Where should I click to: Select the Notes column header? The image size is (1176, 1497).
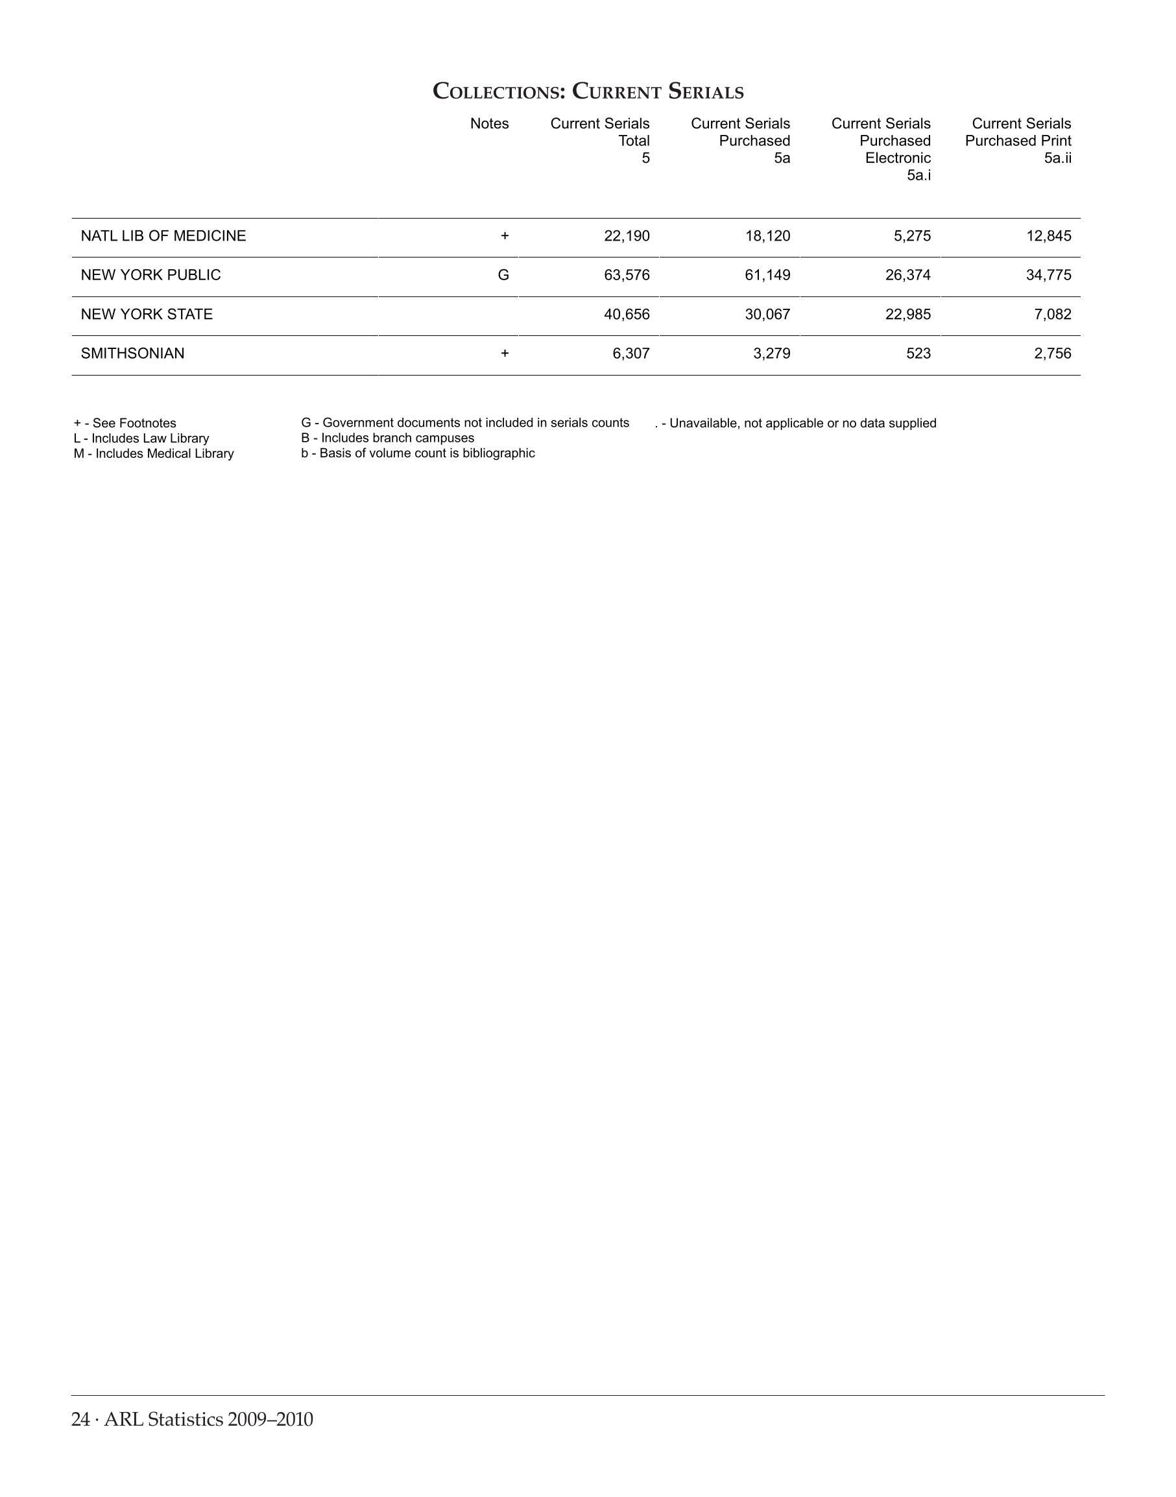click(489, 124)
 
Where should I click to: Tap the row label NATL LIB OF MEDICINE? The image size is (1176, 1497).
click(163, 236)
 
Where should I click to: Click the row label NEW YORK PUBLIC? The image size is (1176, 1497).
click(150, 276)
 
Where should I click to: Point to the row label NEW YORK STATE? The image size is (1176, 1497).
click(147, 315)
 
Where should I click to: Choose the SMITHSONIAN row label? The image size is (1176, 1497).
click(133, 354)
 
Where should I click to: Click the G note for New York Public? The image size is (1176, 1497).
click(503, 276)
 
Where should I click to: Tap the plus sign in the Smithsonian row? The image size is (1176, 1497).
click(505, 354)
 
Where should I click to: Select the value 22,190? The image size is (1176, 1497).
click(627, 236)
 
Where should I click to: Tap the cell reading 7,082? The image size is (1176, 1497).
click(1053, 315)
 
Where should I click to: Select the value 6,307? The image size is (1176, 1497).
click(630, 354)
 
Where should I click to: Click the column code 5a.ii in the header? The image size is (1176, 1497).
click(1057, 158)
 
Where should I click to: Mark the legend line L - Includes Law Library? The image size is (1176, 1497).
click(141, 438)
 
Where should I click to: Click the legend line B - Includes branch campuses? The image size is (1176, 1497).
click(388, 438)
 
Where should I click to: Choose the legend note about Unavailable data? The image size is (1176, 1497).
click(795, 424)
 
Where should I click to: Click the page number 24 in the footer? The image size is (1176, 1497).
click(80, 1420)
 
